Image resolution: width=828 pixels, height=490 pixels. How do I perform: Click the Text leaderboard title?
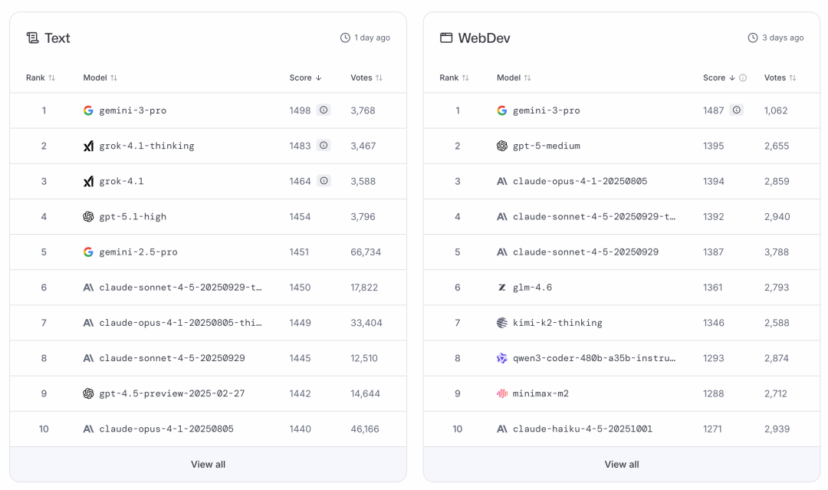click(57, 38)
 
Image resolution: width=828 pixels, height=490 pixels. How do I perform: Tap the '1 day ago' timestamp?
click(372, 38)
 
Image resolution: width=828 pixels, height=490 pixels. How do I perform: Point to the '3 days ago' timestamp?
click(783, 38)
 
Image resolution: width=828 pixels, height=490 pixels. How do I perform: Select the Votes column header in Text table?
click(361, 77)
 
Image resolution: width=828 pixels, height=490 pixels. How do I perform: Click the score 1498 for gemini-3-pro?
click(300, 110)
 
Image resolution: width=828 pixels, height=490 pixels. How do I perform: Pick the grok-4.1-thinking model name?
click(146, 146)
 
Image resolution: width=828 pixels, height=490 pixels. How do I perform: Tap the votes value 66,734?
click(366, 252)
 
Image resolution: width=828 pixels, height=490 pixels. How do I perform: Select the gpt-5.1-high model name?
click(133, 216)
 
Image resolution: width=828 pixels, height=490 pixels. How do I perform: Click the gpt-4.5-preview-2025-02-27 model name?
click(172, 393)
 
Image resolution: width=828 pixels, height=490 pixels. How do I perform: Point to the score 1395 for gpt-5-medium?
click(713, 146)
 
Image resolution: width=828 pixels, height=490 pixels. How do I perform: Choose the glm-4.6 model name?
click(532, 288)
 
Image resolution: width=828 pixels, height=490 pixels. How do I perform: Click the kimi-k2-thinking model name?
click(557, 323)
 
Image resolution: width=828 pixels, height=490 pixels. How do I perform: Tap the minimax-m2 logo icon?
click(502, 393)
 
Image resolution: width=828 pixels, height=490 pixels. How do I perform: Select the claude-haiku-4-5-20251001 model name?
click(583, 429)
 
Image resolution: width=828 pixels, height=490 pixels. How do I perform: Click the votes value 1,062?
click(776, 110)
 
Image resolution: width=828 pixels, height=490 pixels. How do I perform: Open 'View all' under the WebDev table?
click(621, 464)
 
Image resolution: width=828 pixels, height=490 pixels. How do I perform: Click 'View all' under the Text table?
click(208, 464)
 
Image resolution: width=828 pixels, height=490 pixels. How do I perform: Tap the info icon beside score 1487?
click(737, 110)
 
